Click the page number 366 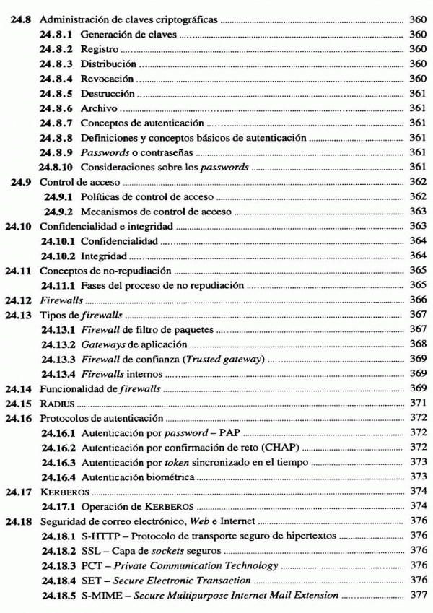(417, 299)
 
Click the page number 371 (417, 401)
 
